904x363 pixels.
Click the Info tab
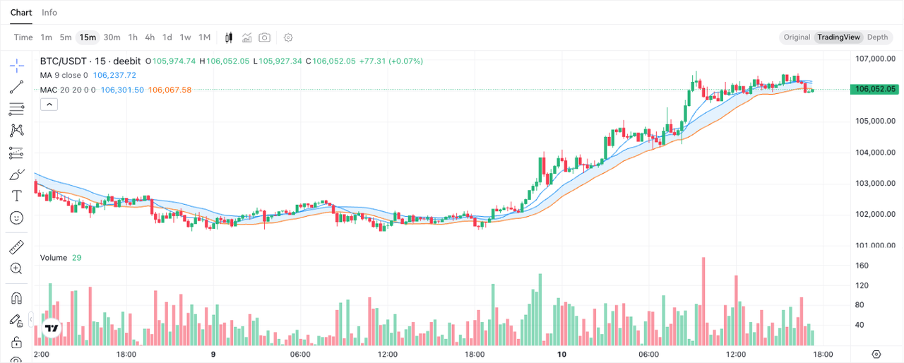click(x=49, y=13)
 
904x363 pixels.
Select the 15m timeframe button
click(x=88, y=37)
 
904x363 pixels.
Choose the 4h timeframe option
click(x=150, y=37)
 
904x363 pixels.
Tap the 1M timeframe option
click(x=205, y=37)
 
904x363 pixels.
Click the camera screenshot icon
click(x=264, y=37)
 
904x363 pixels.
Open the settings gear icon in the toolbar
click(x=287, y=37)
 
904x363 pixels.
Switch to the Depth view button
click(x=877, y=37)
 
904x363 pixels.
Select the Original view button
click(x=797, y=37)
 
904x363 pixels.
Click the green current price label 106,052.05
click(x=874, y=89)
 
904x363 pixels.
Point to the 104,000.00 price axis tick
click(x=875, y=153)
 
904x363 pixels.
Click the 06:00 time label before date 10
click(x=300, y=355)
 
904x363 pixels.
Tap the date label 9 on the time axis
click(x=213, y=355)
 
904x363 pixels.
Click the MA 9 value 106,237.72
click(x=114, y=75)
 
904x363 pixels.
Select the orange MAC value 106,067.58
click(x=170, y=90)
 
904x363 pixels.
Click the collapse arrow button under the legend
click(x=49, y=105)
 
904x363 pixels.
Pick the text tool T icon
click(x=16, y=196)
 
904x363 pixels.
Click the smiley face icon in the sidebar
click(x=16, y=218)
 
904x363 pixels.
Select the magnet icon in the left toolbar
click(x=16, y=299)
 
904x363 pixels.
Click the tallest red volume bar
click(x=703, y=302)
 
